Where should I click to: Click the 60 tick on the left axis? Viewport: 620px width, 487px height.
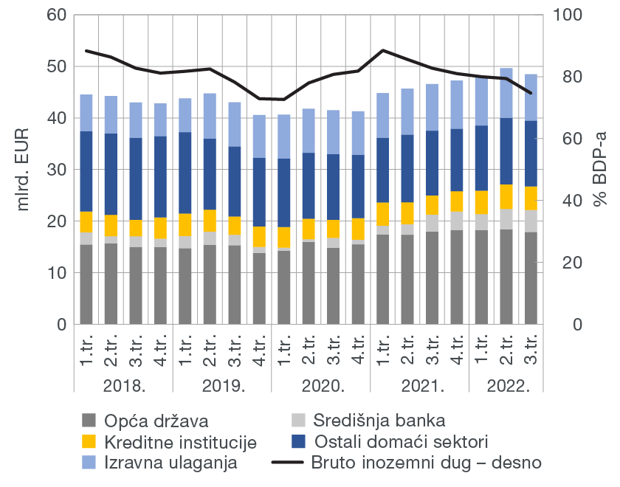pos(57,15)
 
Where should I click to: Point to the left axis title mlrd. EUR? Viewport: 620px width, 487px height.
pos(24,170)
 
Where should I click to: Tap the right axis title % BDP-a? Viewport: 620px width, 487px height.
pos(599,170)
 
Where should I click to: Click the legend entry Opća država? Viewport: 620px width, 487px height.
pos(156,422)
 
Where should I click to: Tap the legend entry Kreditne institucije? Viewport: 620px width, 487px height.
pos(180,443)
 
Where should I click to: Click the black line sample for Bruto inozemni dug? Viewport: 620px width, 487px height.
pos(289,463)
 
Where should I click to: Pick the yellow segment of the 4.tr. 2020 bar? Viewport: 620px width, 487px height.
pos(358,229)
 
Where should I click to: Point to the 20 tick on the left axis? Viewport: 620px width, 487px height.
pos(57,221)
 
